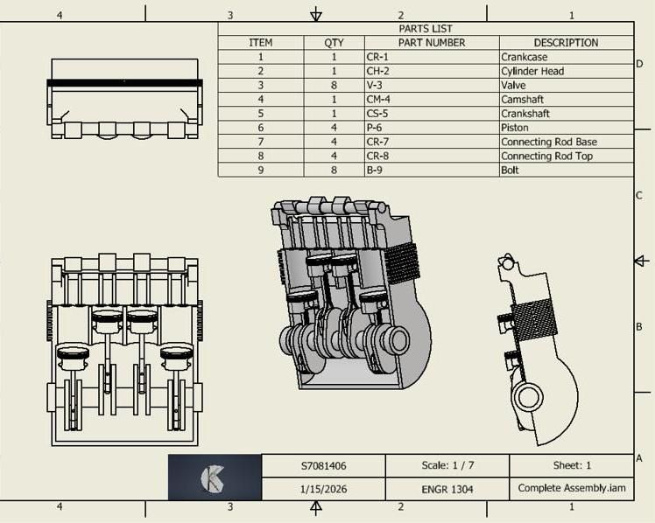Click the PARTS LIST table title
(x=425, y=29)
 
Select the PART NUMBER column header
(x=432, y=42)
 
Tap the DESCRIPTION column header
(x=566, y=42)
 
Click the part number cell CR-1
(x=378, y=57)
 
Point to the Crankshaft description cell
(x=525, y=113)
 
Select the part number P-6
(x=375, y=127)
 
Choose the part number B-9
(x=375, y=170)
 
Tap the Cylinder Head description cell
(x=532, y=71)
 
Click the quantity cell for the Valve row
(x=334, y=85)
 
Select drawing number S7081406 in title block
(x=323, y=466)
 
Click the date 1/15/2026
(x=323, y=489)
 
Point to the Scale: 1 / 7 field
(x=447, y=466)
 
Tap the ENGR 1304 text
(x=447, y=489)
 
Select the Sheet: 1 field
(x=572, y=466)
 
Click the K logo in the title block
(x=214, y=478)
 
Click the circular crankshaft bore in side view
(x=529, y=397)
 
